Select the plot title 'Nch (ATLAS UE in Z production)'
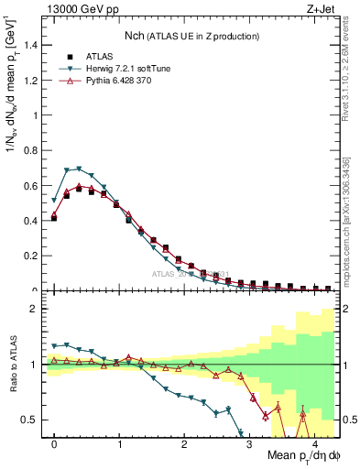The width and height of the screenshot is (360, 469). (x=191, y=36)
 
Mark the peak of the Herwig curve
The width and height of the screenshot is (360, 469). (x=79, y=169)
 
